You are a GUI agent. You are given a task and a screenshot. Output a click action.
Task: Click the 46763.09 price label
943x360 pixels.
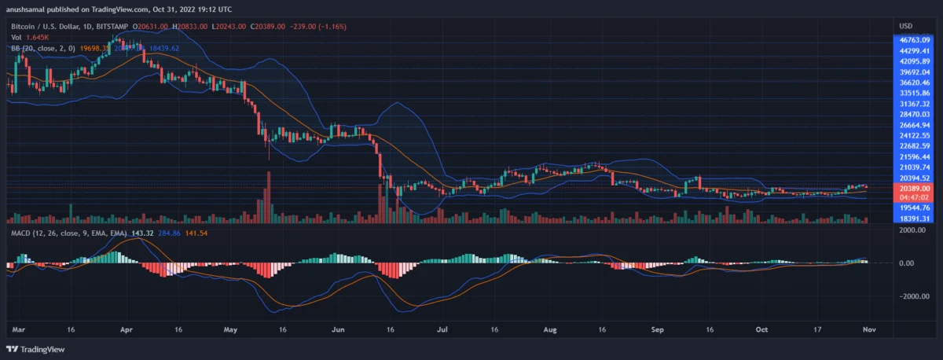click(x=915, y=39)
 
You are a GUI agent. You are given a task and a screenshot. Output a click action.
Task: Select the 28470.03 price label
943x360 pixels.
click(x=915, y=114)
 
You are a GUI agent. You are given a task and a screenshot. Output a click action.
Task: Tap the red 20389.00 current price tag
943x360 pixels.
click(x=915, y=189)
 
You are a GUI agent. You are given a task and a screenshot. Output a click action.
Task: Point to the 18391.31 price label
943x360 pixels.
click(x=915, y=219)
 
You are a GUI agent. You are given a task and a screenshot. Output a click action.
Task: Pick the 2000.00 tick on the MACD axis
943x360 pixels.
click(x=912, y=230)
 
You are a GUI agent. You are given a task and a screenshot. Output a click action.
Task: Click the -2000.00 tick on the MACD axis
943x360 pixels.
click(x=912, y=296)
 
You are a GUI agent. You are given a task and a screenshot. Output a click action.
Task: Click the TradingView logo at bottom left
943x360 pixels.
click(x=37, y=349)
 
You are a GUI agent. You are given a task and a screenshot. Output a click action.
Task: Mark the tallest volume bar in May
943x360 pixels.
click(x=268, y=197)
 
